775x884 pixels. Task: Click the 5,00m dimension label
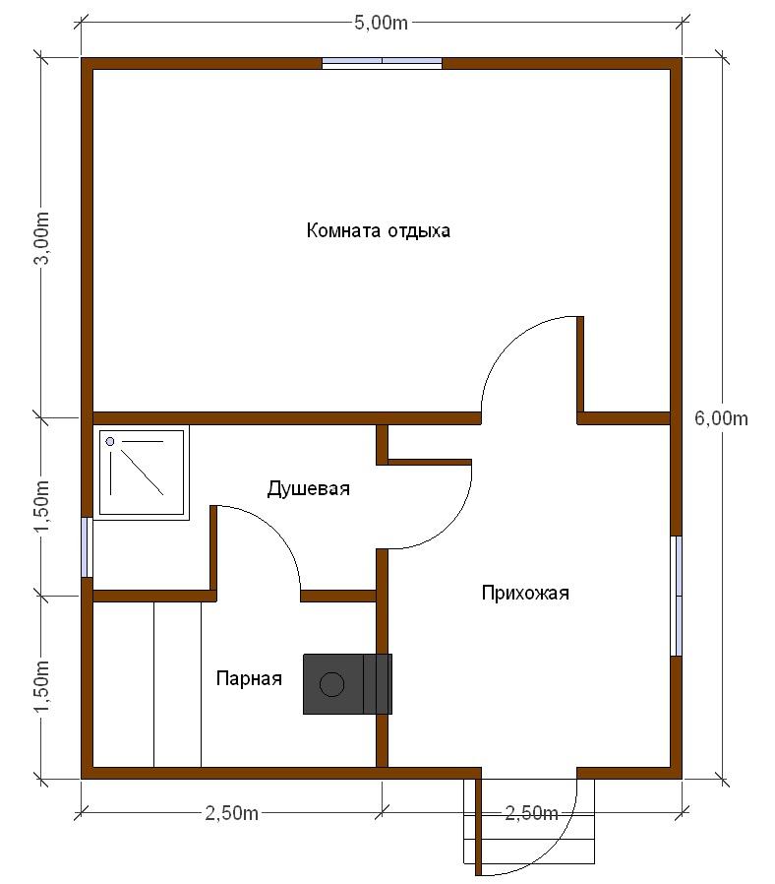pyautogui.click(x=381, y=23)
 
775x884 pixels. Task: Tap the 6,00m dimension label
pyautogui.click(x=721, y=418)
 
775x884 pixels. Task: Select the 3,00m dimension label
pyautogui.click(x=42, y=237)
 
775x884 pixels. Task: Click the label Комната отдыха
pyautogui.click(x=379, y=230)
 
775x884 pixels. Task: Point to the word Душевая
pyautogui.click(x=308, y=488)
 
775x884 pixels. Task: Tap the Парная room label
pyautogui.click(x=249, y=678)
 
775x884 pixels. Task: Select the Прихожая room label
pyautogui.click(x=525, y=593)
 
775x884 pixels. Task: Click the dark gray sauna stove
pyautogui.click(x=347, y=684)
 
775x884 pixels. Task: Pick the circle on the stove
pyautogui.click(x=331, y=684)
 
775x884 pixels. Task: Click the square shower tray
pyautogui.click(x=142, y=473)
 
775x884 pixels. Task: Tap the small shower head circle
pyautogui.click(x=110, y=441)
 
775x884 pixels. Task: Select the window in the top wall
pyautogui.click(x=382, y=63)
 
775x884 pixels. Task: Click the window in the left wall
pyautogui.click(x=87, y=547)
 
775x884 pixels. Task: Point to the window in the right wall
pyautogui.click(x=676, y=596)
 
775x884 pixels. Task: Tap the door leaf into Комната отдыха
pyautogui.click(x=580, y=364)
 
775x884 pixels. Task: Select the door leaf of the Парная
pyautogui.click(x=213, y=550)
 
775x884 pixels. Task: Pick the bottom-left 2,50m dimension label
pyautogui.click(x=231, y=813)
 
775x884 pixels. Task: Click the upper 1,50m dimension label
pyautogui.click(x=42, y=506)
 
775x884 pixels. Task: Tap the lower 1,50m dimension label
pyautogui.click(x=42, y=686)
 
